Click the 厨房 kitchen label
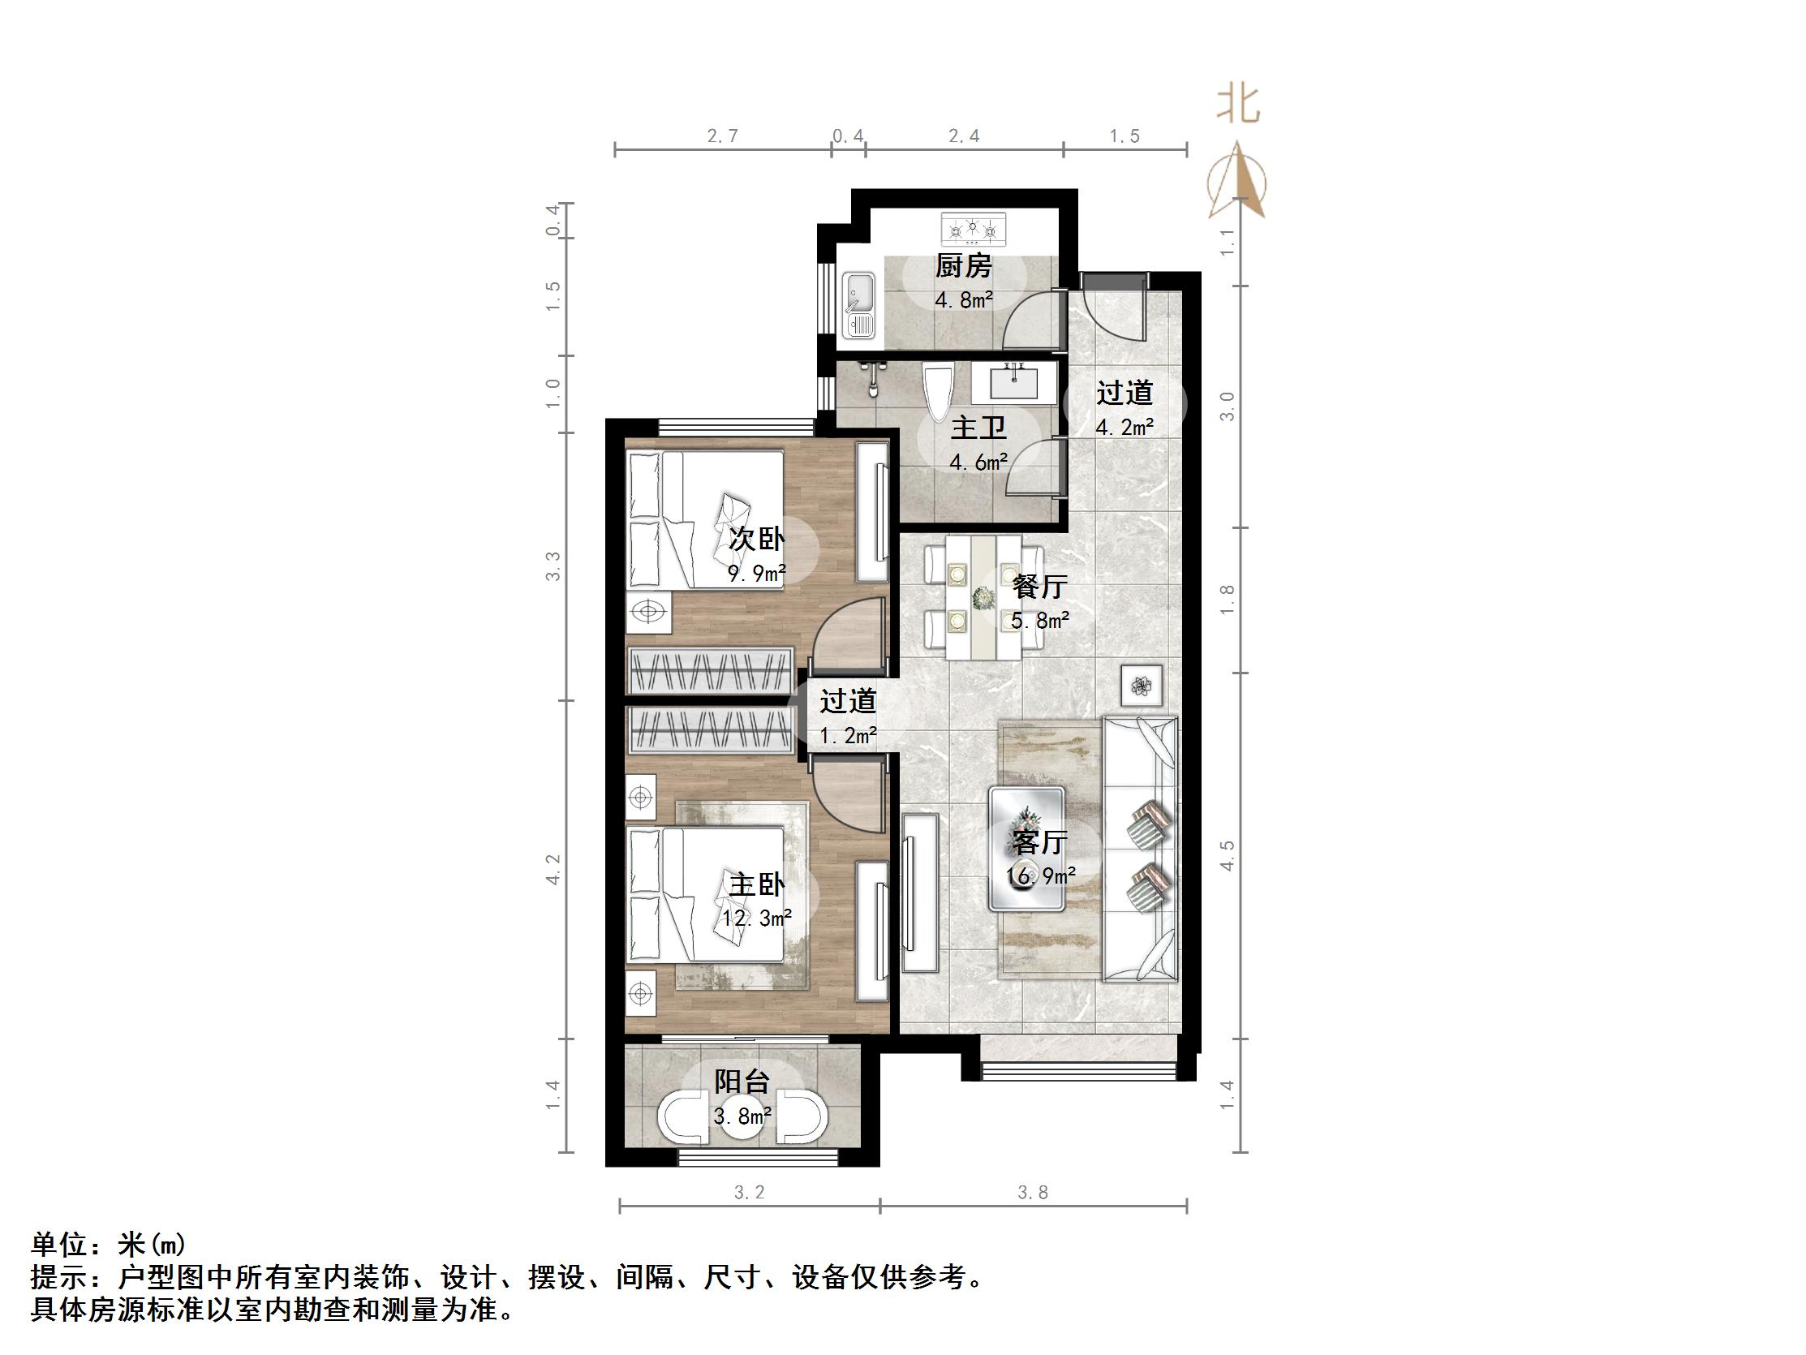(963, 265)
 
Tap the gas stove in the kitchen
(973, 230)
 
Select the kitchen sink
(858, 304)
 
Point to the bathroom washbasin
(1013, 382)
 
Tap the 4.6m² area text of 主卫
(978, 462)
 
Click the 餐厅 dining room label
(1039, 587)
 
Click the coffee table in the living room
(1026, 849)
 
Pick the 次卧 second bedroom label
(757, 539)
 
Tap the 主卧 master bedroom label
(757, 884)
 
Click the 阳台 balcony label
(742, 1082)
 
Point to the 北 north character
(1238, 105)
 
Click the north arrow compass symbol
(1238, 181)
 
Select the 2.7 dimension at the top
(723, 136)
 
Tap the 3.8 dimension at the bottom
(1033, 1194)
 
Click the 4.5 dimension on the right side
(1228, 855)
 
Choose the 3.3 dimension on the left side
(553, 566)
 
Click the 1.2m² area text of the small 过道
(849, 736)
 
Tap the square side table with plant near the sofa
(1142, 686)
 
